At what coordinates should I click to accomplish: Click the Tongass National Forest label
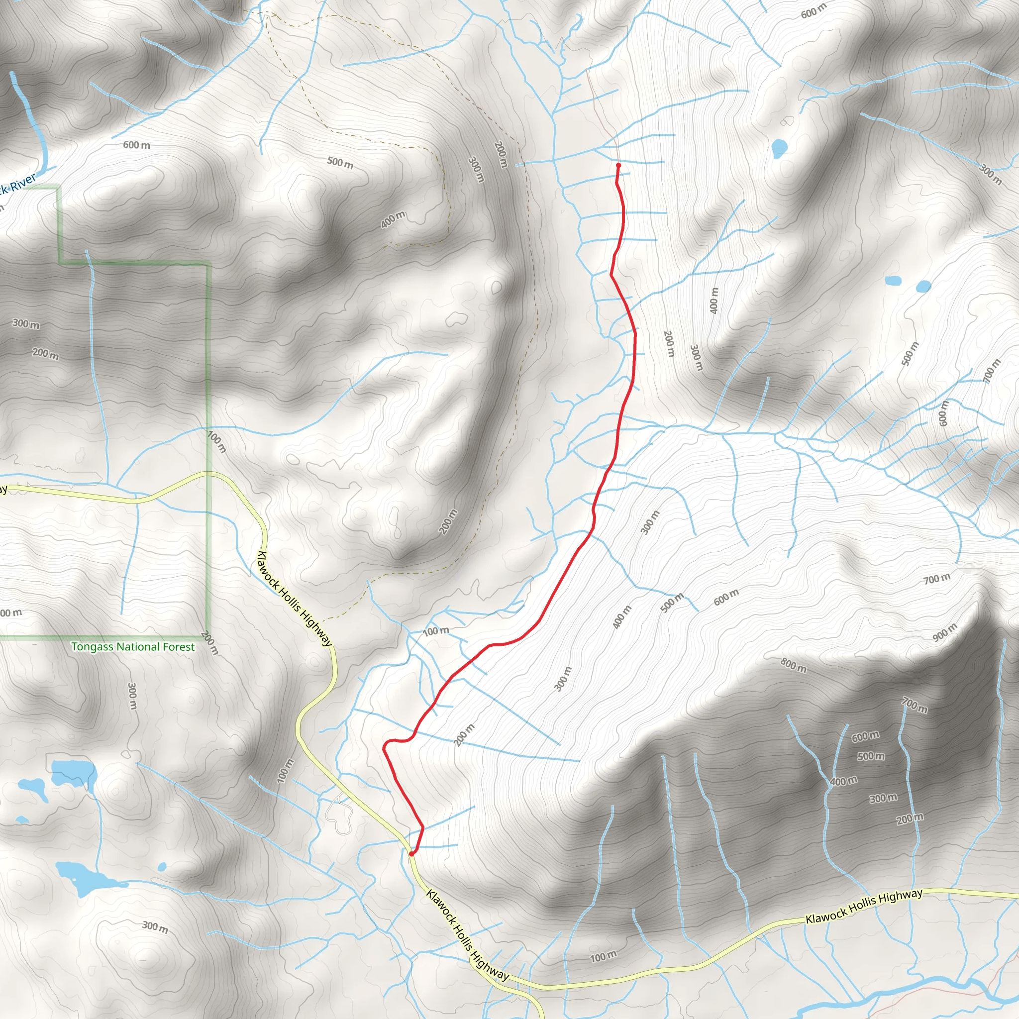coord(133,647)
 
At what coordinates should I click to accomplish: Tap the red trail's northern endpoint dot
coord(618,165)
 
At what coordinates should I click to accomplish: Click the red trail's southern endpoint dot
coord(411,853)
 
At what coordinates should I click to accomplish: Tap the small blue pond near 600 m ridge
coord(779,148)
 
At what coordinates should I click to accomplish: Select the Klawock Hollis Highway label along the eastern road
coord(864,906)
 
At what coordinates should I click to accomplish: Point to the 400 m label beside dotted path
coord(394,219)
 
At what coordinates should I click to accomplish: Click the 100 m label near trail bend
coord(436,631)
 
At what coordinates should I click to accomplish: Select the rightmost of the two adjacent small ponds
coord(923,287)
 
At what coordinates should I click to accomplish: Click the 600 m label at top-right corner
coord(814,11)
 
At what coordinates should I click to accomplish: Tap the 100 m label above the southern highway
coord(603,957)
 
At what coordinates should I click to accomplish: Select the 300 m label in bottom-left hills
coord(155,927)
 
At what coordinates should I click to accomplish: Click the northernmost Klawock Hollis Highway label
coord(295,598)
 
